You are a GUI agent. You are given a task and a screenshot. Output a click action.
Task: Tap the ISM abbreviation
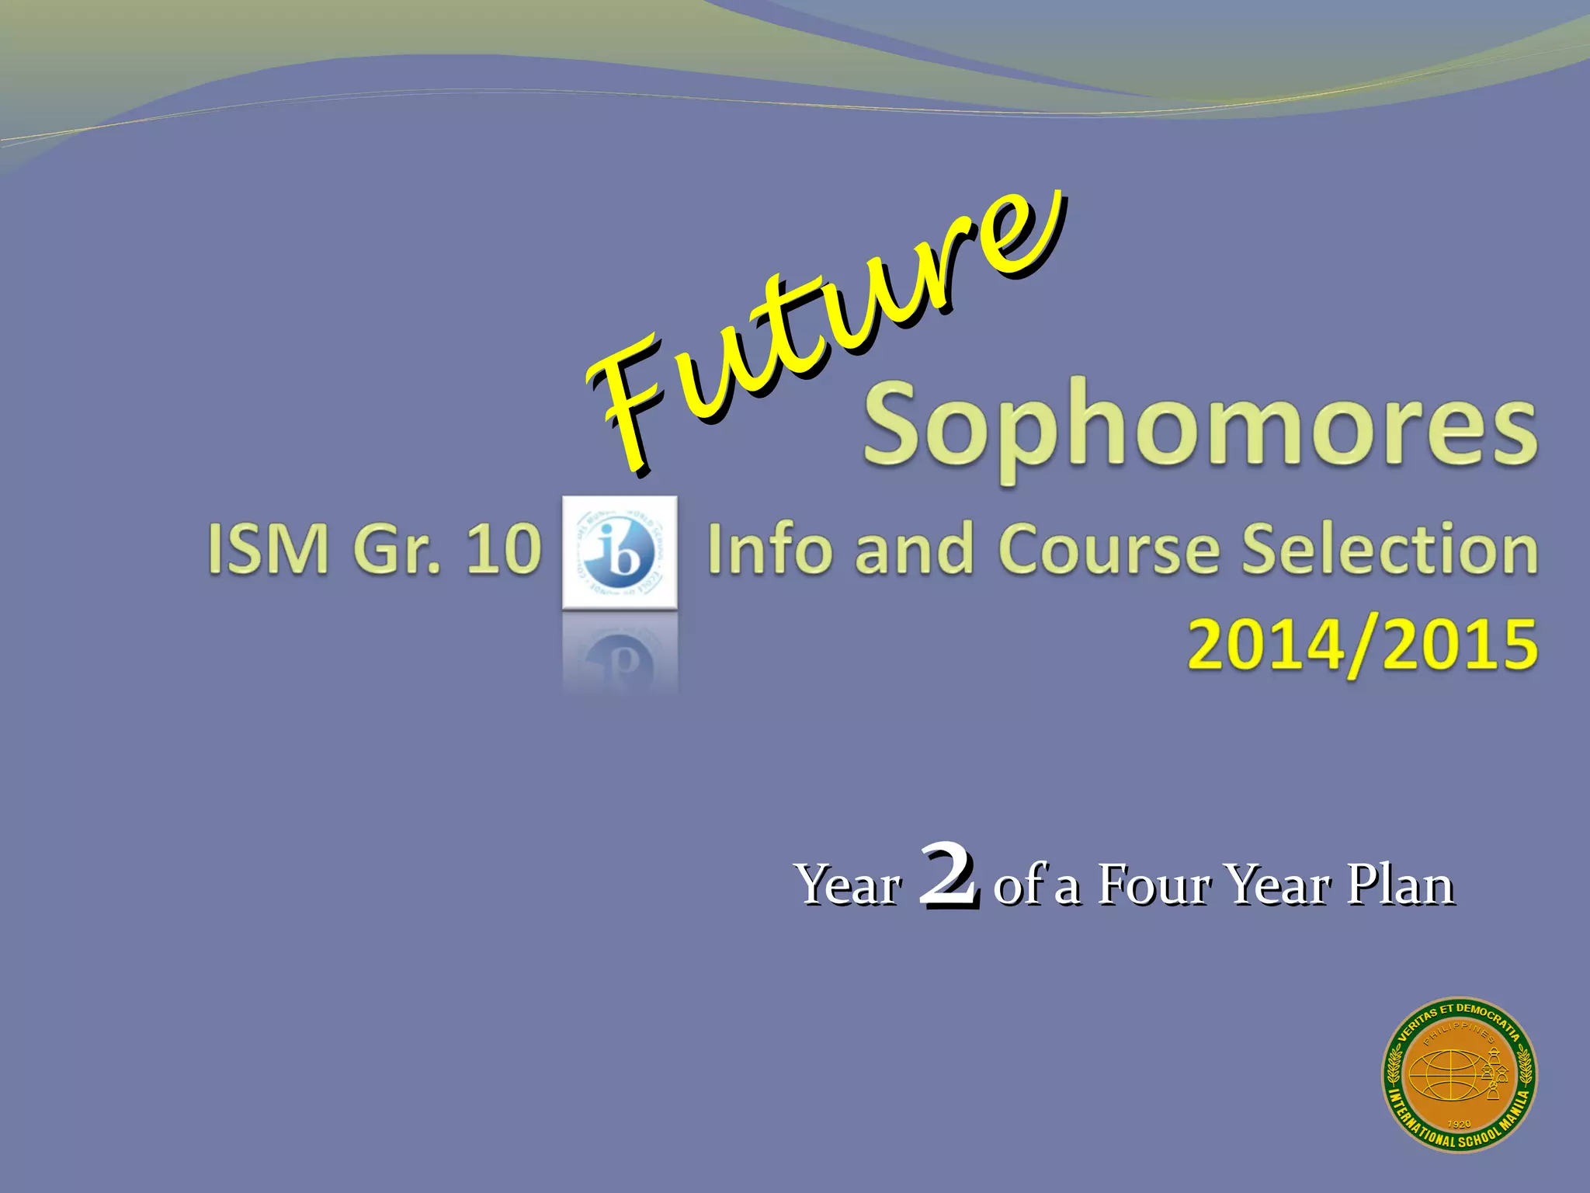[268, 549]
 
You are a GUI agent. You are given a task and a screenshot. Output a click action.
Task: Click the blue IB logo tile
[620, 552]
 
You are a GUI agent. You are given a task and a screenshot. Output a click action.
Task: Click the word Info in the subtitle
[768, 549]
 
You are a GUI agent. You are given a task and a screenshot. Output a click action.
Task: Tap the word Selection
[1389, 549]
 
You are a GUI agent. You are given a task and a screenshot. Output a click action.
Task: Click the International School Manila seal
[1459, 1075]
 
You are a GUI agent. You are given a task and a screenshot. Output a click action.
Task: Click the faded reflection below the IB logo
[620, 652]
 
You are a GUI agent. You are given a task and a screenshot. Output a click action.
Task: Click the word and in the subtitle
[913, 549]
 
